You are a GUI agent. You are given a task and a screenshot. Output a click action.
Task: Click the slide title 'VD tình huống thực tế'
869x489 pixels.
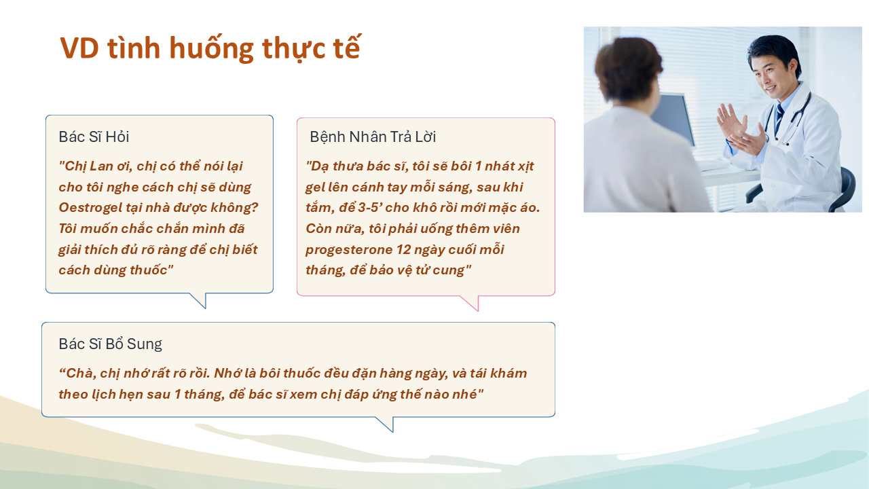coord(210,48)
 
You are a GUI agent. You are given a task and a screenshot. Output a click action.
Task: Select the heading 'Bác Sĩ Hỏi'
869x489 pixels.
coord(94,137)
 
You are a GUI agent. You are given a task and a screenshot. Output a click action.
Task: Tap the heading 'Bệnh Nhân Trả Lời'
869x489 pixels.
coord(373,137)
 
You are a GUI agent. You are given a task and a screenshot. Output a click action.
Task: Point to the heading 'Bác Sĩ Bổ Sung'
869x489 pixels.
coord(110,344)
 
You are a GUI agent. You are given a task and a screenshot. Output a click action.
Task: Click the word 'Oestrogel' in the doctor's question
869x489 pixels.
coord(90,208)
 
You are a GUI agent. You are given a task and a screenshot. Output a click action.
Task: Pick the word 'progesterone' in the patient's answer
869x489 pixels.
coord(349,249)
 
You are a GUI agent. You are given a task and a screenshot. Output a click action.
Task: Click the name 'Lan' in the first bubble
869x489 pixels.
coord(101,166)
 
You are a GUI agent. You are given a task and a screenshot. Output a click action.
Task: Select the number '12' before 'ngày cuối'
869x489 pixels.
coord(404,249)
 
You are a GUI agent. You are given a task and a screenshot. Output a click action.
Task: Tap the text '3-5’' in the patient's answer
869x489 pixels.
coord(369,208)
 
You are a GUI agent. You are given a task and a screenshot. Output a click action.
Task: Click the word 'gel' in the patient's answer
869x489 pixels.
coord(314,187)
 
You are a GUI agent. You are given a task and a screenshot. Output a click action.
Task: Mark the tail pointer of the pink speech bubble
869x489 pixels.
coord(470,303)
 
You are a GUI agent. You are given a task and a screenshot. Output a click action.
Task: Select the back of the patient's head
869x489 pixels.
coord(629,70)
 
